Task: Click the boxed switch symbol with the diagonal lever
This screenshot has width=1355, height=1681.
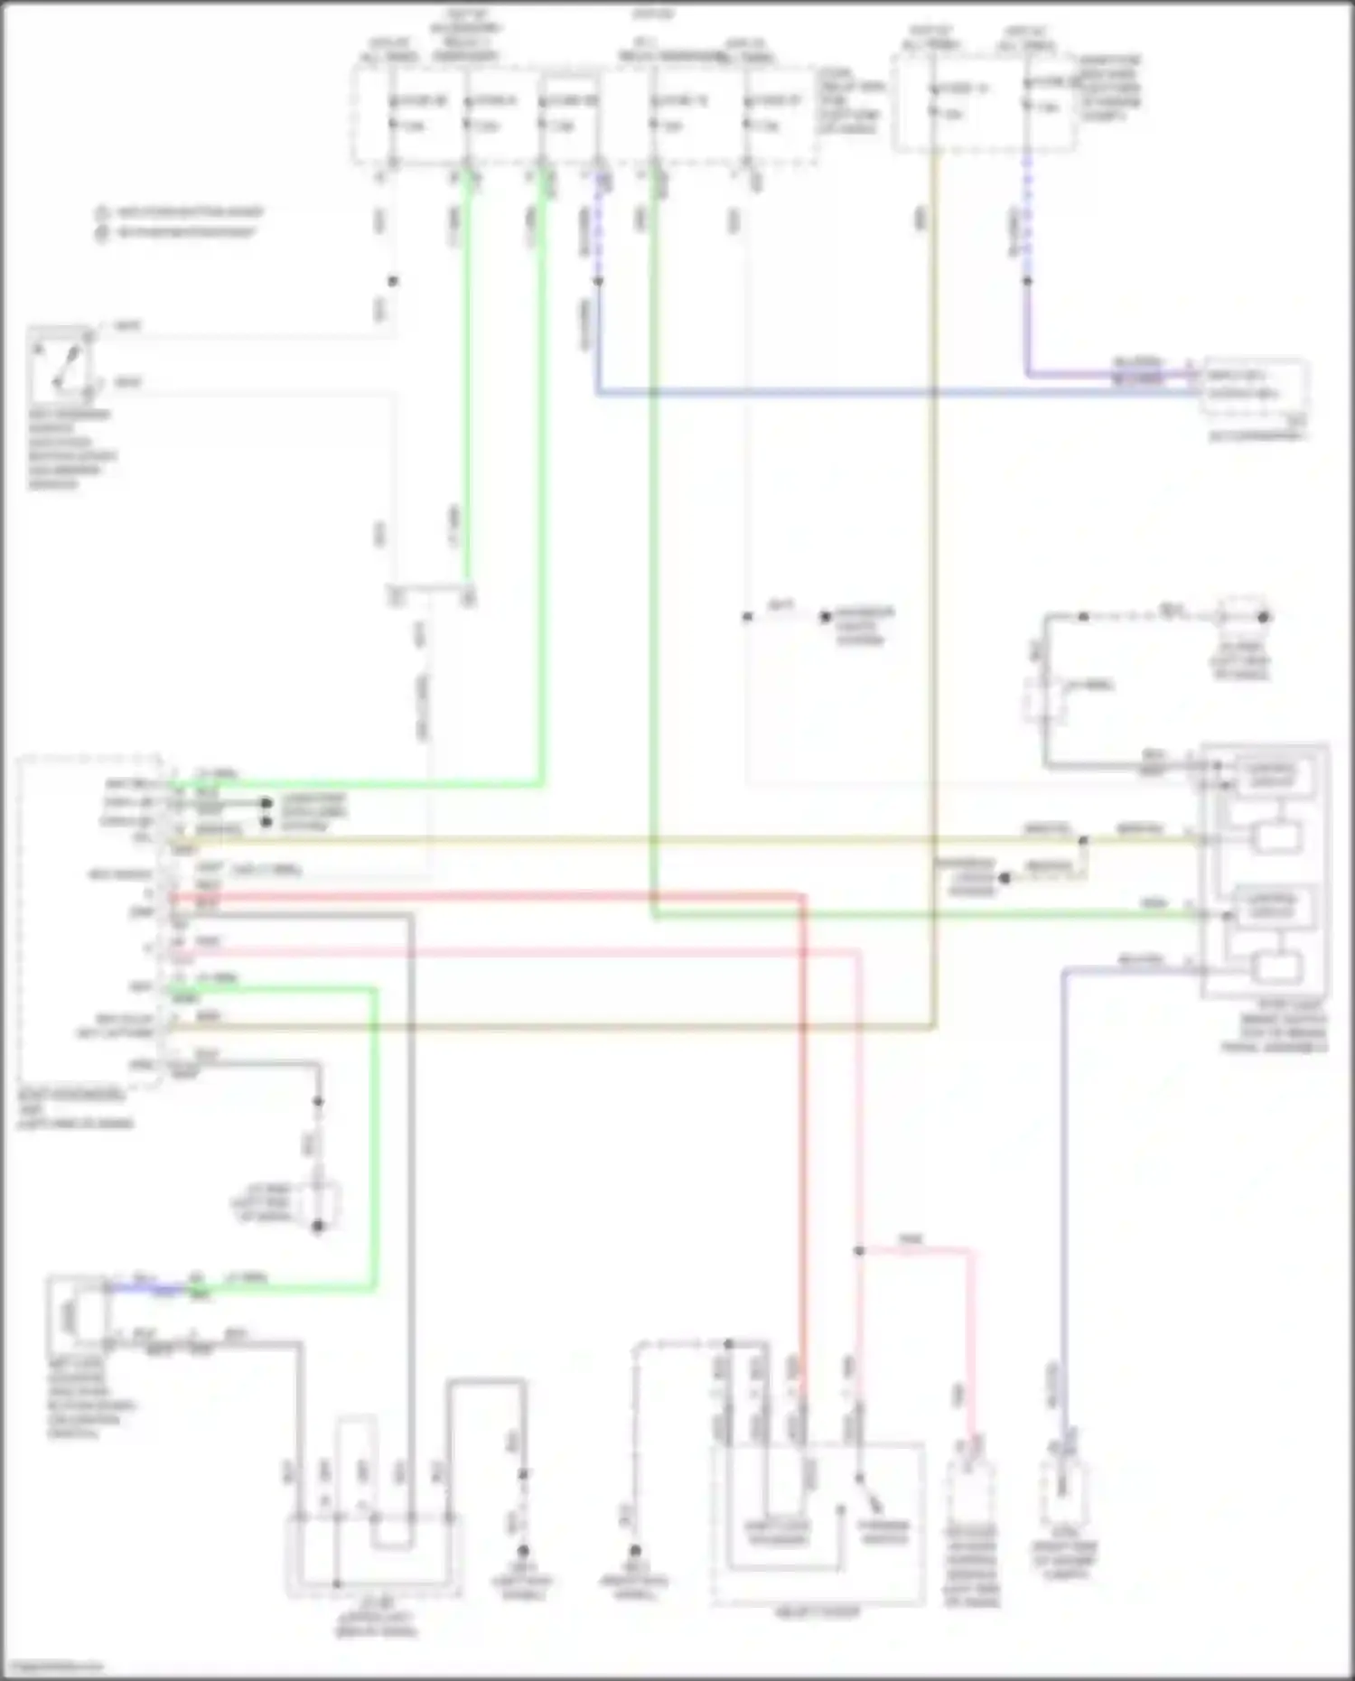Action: pos(61,367)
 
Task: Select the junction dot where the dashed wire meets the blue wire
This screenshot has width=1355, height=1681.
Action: pos(598,281)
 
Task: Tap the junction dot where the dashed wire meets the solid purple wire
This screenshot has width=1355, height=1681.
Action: pos(1027,281)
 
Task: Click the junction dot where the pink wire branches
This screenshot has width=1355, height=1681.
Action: pos(859,1251)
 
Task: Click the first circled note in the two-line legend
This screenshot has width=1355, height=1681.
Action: pos(102,213)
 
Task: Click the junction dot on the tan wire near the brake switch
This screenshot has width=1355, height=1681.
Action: pos(1083,841)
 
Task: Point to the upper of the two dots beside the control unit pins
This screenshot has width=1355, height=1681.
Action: pos(266,802)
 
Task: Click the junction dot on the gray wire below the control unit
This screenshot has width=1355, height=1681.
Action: pos(318,1102)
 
